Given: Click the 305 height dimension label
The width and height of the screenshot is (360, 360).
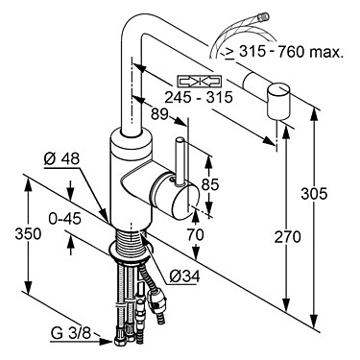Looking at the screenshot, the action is coord(314,194).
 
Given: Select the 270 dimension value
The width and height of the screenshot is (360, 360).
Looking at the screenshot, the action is coord(287,237).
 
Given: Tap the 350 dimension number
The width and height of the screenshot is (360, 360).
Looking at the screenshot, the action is coord(28,234).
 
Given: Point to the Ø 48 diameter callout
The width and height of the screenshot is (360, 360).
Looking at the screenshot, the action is coord(61,159).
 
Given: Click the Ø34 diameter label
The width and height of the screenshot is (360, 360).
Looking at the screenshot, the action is coord(184,276).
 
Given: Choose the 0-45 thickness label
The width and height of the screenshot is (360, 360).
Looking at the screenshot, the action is coord(64,219).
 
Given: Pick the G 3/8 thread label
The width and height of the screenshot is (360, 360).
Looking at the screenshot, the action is coord(71,334).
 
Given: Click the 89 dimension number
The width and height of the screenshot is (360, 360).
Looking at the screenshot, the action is coord(159,114).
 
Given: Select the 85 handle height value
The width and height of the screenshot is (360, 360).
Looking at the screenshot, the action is coord(210,184).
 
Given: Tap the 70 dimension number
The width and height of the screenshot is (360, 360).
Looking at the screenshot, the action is coord(195,235).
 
